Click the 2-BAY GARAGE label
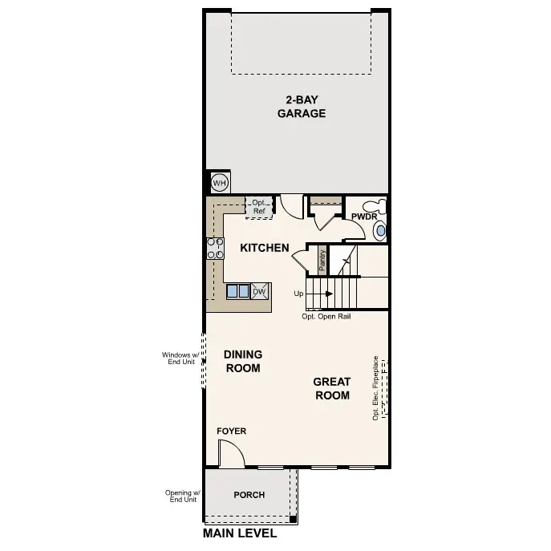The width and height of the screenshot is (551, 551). pos(301,107)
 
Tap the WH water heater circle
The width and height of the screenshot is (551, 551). pos(219,184)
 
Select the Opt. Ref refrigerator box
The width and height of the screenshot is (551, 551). pos(259,207)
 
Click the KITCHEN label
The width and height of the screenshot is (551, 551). pos(265,248)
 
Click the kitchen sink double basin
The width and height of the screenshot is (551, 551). pos(238,291)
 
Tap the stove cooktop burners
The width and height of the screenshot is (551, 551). pos(216,249)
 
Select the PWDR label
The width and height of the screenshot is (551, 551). pos(364,217)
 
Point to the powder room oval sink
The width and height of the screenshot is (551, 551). pos(380,231)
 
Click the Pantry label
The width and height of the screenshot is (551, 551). pos(322,258)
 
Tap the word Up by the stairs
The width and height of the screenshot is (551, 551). pos(299,294)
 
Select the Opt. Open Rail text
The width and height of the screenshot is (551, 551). pos(326,317)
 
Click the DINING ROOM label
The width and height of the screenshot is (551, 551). pos(243,362)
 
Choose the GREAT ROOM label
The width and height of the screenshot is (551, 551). pos(331,389)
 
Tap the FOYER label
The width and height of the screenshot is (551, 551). pos(231,431)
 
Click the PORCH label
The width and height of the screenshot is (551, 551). pos(249,495)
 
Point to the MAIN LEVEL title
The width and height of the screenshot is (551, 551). pos(240,533)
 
